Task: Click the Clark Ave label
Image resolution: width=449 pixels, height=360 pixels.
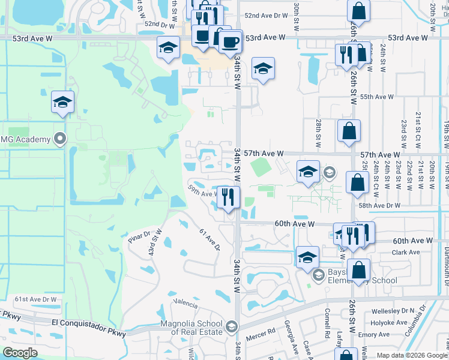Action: coord(406,253)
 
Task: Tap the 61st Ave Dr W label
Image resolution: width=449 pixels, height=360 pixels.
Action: coord(35,299)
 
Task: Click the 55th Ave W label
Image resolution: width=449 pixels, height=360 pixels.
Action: coord(377,97)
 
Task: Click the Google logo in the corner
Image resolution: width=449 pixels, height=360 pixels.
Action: coord(20,353)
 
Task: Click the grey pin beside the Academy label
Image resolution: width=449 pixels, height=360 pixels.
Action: coord(59,139)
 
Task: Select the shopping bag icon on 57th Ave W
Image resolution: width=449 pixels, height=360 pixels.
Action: coord(349,131)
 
